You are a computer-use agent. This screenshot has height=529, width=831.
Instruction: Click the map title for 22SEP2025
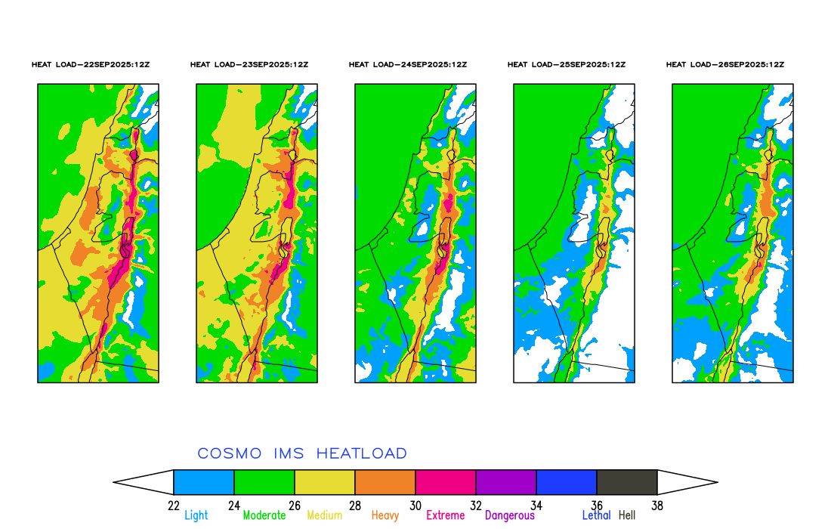pos(91,65)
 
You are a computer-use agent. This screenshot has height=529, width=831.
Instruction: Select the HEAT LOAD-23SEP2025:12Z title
pos(249,65)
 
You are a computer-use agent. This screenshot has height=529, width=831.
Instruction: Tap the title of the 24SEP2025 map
pos(408,65)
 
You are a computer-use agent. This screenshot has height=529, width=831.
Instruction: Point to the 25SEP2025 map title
pos(567,65)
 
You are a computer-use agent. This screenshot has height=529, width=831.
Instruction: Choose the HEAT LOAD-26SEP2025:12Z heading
pos(725,65)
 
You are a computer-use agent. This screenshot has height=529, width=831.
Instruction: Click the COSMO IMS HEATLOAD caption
pos(302,453)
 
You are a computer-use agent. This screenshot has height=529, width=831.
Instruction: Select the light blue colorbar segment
pos(204,482)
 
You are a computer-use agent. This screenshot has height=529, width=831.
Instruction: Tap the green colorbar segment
pos(264,482)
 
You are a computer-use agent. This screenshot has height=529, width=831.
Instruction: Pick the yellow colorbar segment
pos(325,482)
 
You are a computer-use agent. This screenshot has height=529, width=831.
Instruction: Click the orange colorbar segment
pos(385,482)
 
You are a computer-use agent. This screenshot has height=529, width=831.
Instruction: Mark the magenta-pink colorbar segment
pos(446,482)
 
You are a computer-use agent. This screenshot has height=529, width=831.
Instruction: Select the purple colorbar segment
pos(506,482)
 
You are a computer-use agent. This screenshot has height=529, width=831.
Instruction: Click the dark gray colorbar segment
pos(627,482)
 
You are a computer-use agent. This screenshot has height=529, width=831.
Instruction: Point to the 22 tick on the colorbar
pos(174,506)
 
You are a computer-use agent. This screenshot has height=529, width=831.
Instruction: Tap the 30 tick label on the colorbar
pos(415,506)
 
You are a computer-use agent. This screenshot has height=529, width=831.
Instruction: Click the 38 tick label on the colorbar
pos(657,506)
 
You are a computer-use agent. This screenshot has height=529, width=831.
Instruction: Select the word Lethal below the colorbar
pos(596,515)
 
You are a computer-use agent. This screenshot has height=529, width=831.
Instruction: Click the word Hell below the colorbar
pos(627,515)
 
